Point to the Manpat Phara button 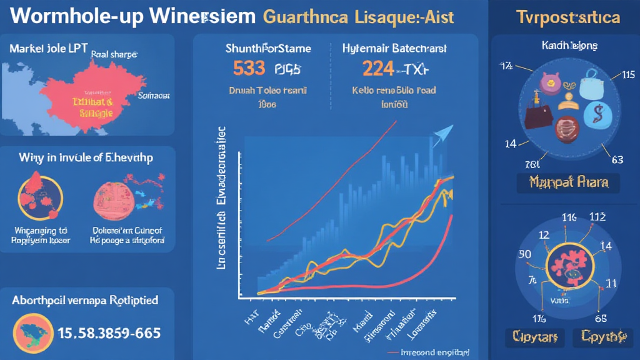coord(568,183)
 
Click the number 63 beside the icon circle coord(617,159)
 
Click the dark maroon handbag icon coord(538,118)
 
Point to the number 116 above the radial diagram coord(569,218)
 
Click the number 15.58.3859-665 coord(109,333)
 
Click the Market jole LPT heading coord(49,47)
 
